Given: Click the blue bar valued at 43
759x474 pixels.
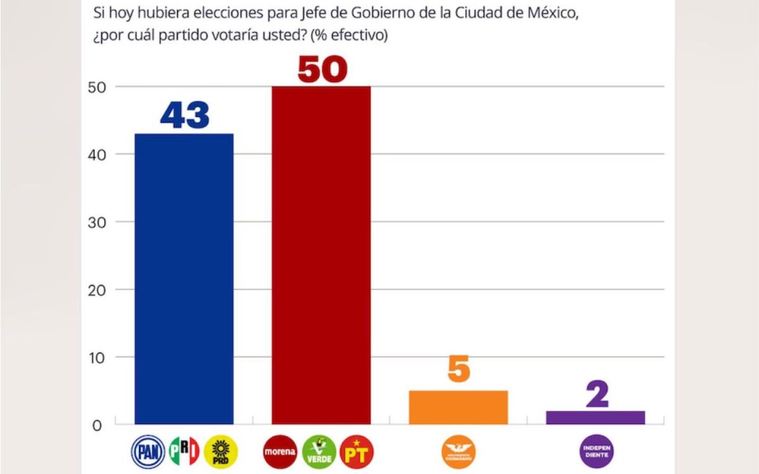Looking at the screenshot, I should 184,279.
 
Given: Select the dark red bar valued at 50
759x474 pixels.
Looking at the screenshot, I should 321,255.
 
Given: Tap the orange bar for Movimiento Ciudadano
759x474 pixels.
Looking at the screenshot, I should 458,407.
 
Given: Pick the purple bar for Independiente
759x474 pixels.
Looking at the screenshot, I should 595,417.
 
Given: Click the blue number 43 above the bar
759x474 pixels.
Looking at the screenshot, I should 184,115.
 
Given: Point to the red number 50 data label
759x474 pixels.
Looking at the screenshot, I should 322,70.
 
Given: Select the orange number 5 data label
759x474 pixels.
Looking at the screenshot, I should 459,369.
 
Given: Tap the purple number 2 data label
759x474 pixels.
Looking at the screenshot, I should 597,394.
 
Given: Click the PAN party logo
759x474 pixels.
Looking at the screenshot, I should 148,452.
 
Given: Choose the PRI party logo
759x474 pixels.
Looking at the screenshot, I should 184,451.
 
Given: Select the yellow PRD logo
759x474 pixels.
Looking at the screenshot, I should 221,452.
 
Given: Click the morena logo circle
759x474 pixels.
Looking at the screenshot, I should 280,452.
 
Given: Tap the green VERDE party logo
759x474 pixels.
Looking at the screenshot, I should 319,452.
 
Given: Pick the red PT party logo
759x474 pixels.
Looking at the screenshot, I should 357,452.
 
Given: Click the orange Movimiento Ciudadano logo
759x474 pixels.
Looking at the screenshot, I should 459,452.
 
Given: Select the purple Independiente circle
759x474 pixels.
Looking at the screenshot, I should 597,451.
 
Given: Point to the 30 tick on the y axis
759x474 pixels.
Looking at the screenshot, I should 97,223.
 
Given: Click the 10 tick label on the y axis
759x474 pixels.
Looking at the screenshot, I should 97,358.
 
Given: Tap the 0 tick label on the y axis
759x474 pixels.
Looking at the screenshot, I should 97,426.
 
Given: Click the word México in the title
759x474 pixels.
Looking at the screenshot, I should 553,13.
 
